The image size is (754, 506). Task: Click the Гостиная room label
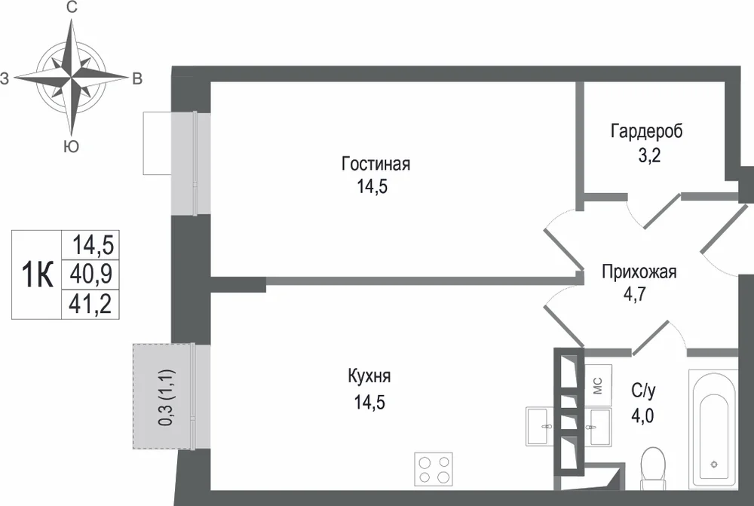point(375,164)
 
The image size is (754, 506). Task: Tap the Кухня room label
point(369,376)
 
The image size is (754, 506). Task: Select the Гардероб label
point(647,131)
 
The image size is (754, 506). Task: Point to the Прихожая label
point(639,271)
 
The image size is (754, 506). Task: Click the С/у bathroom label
point(643,391)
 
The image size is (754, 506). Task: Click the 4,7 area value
point(635,293)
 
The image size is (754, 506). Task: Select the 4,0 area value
point(642,415)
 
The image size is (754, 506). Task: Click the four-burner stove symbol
point(434,468)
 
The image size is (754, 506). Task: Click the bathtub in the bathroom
point(713,430)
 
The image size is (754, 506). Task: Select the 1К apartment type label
point(37,275)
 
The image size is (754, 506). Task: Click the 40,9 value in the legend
point(91,274)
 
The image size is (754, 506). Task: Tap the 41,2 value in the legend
point(91,303)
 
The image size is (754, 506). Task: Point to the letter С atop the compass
point(72,8)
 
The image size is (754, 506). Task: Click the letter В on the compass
point(137,78)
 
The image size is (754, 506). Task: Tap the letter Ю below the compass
point(71,147)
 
